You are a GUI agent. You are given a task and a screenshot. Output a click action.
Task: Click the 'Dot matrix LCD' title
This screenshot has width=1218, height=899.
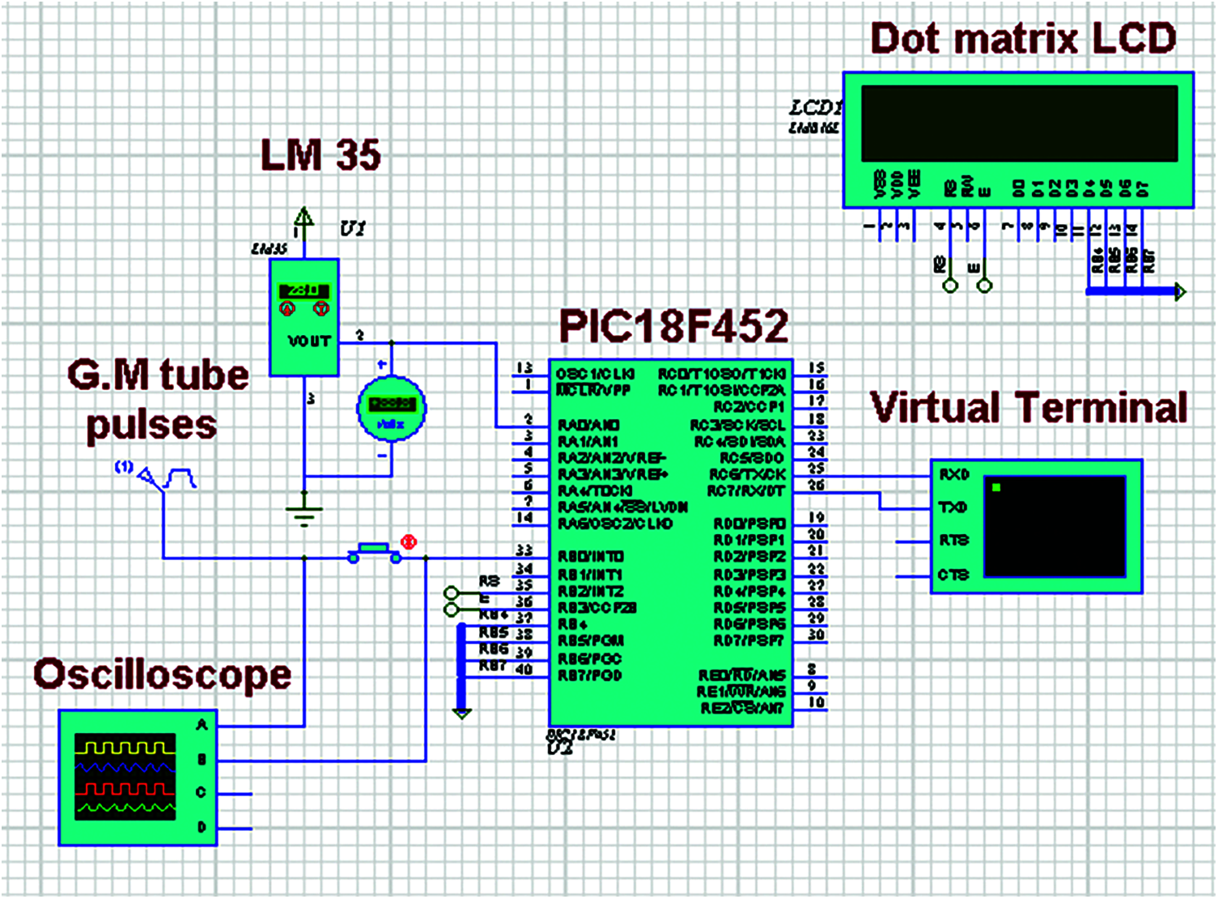pos(1023,39)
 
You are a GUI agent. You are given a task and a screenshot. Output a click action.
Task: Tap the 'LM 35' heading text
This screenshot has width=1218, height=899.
pos(320,155)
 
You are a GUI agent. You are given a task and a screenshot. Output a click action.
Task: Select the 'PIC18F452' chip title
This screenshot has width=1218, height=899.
pos(673,326)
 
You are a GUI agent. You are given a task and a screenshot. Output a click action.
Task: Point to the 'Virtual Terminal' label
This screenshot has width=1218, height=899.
pos(1029,408)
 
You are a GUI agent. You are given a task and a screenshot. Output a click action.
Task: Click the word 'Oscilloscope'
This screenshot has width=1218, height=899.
pos(162,675)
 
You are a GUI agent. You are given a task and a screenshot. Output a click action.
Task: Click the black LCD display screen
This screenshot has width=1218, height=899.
pos(1019,124)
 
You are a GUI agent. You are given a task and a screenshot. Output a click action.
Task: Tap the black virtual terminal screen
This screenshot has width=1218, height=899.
pos(1055,526)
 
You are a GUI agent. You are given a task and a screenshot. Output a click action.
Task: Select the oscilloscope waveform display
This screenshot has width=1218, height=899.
pos(125,777)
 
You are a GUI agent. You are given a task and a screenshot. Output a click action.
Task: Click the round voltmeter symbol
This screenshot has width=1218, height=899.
pos(391,408)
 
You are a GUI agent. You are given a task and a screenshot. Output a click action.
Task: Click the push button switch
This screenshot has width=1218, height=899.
pos(374,553)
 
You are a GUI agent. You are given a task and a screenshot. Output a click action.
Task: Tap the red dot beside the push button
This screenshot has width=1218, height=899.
pos(409,541)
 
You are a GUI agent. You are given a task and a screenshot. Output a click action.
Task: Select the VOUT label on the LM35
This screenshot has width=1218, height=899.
pos(309,341)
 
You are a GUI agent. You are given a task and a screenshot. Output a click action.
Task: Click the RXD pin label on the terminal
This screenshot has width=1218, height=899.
pos(953,475)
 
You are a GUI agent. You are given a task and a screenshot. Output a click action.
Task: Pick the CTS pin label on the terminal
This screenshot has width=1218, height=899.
pos(953,575)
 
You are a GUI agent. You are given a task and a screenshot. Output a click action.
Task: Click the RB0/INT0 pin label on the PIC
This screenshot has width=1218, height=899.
pos(591,557)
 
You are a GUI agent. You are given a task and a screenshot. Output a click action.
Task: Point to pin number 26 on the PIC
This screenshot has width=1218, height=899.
pos(816,486)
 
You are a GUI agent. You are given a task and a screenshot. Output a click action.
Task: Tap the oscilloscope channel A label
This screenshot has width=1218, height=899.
pos(202,726)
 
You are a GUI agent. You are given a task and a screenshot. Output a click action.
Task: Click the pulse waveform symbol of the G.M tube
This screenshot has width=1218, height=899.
pos(180,479)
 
